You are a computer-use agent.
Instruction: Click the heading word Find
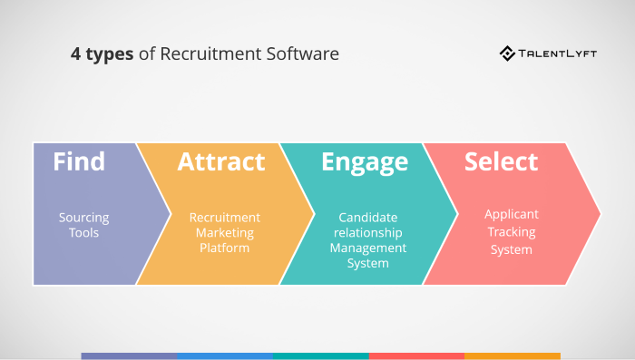tap(79, 162)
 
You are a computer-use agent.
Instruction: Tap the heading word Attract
tap(221, 162)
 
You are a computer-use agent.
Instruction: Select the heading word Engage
tap(365, 163)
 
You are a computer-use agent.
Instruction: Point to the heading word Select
tap(501, 162)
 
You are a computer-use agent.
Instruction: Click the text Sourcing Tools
tap(83, 225)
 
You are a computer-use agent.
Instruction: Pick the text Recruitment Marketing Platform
tap(224, 232)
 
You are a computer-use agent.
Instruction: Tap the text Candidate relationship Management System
tap(367, 240)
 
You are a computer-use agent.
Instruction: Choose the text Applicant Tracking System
tap(511, 231)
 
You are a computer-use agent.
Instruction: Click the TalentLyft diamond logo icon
tap(508, 54)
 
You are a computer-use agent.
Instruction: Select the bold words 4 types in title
tap(102, 54)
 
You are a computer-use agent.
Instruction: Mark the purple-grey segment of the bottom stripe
tap(129, 355)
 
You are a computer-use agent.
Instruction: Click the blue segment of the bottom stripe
tap(225, 355)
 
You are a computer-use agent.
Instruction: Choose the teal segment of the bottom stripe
tap(321, 355)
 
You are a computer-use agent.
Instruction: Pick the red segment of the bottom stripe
tap(416, 355)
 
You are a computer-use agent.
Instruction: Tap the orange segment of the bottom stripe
tap(513, 355)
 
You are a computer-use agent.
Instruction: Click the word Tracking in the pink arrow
tap(512, 231)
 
